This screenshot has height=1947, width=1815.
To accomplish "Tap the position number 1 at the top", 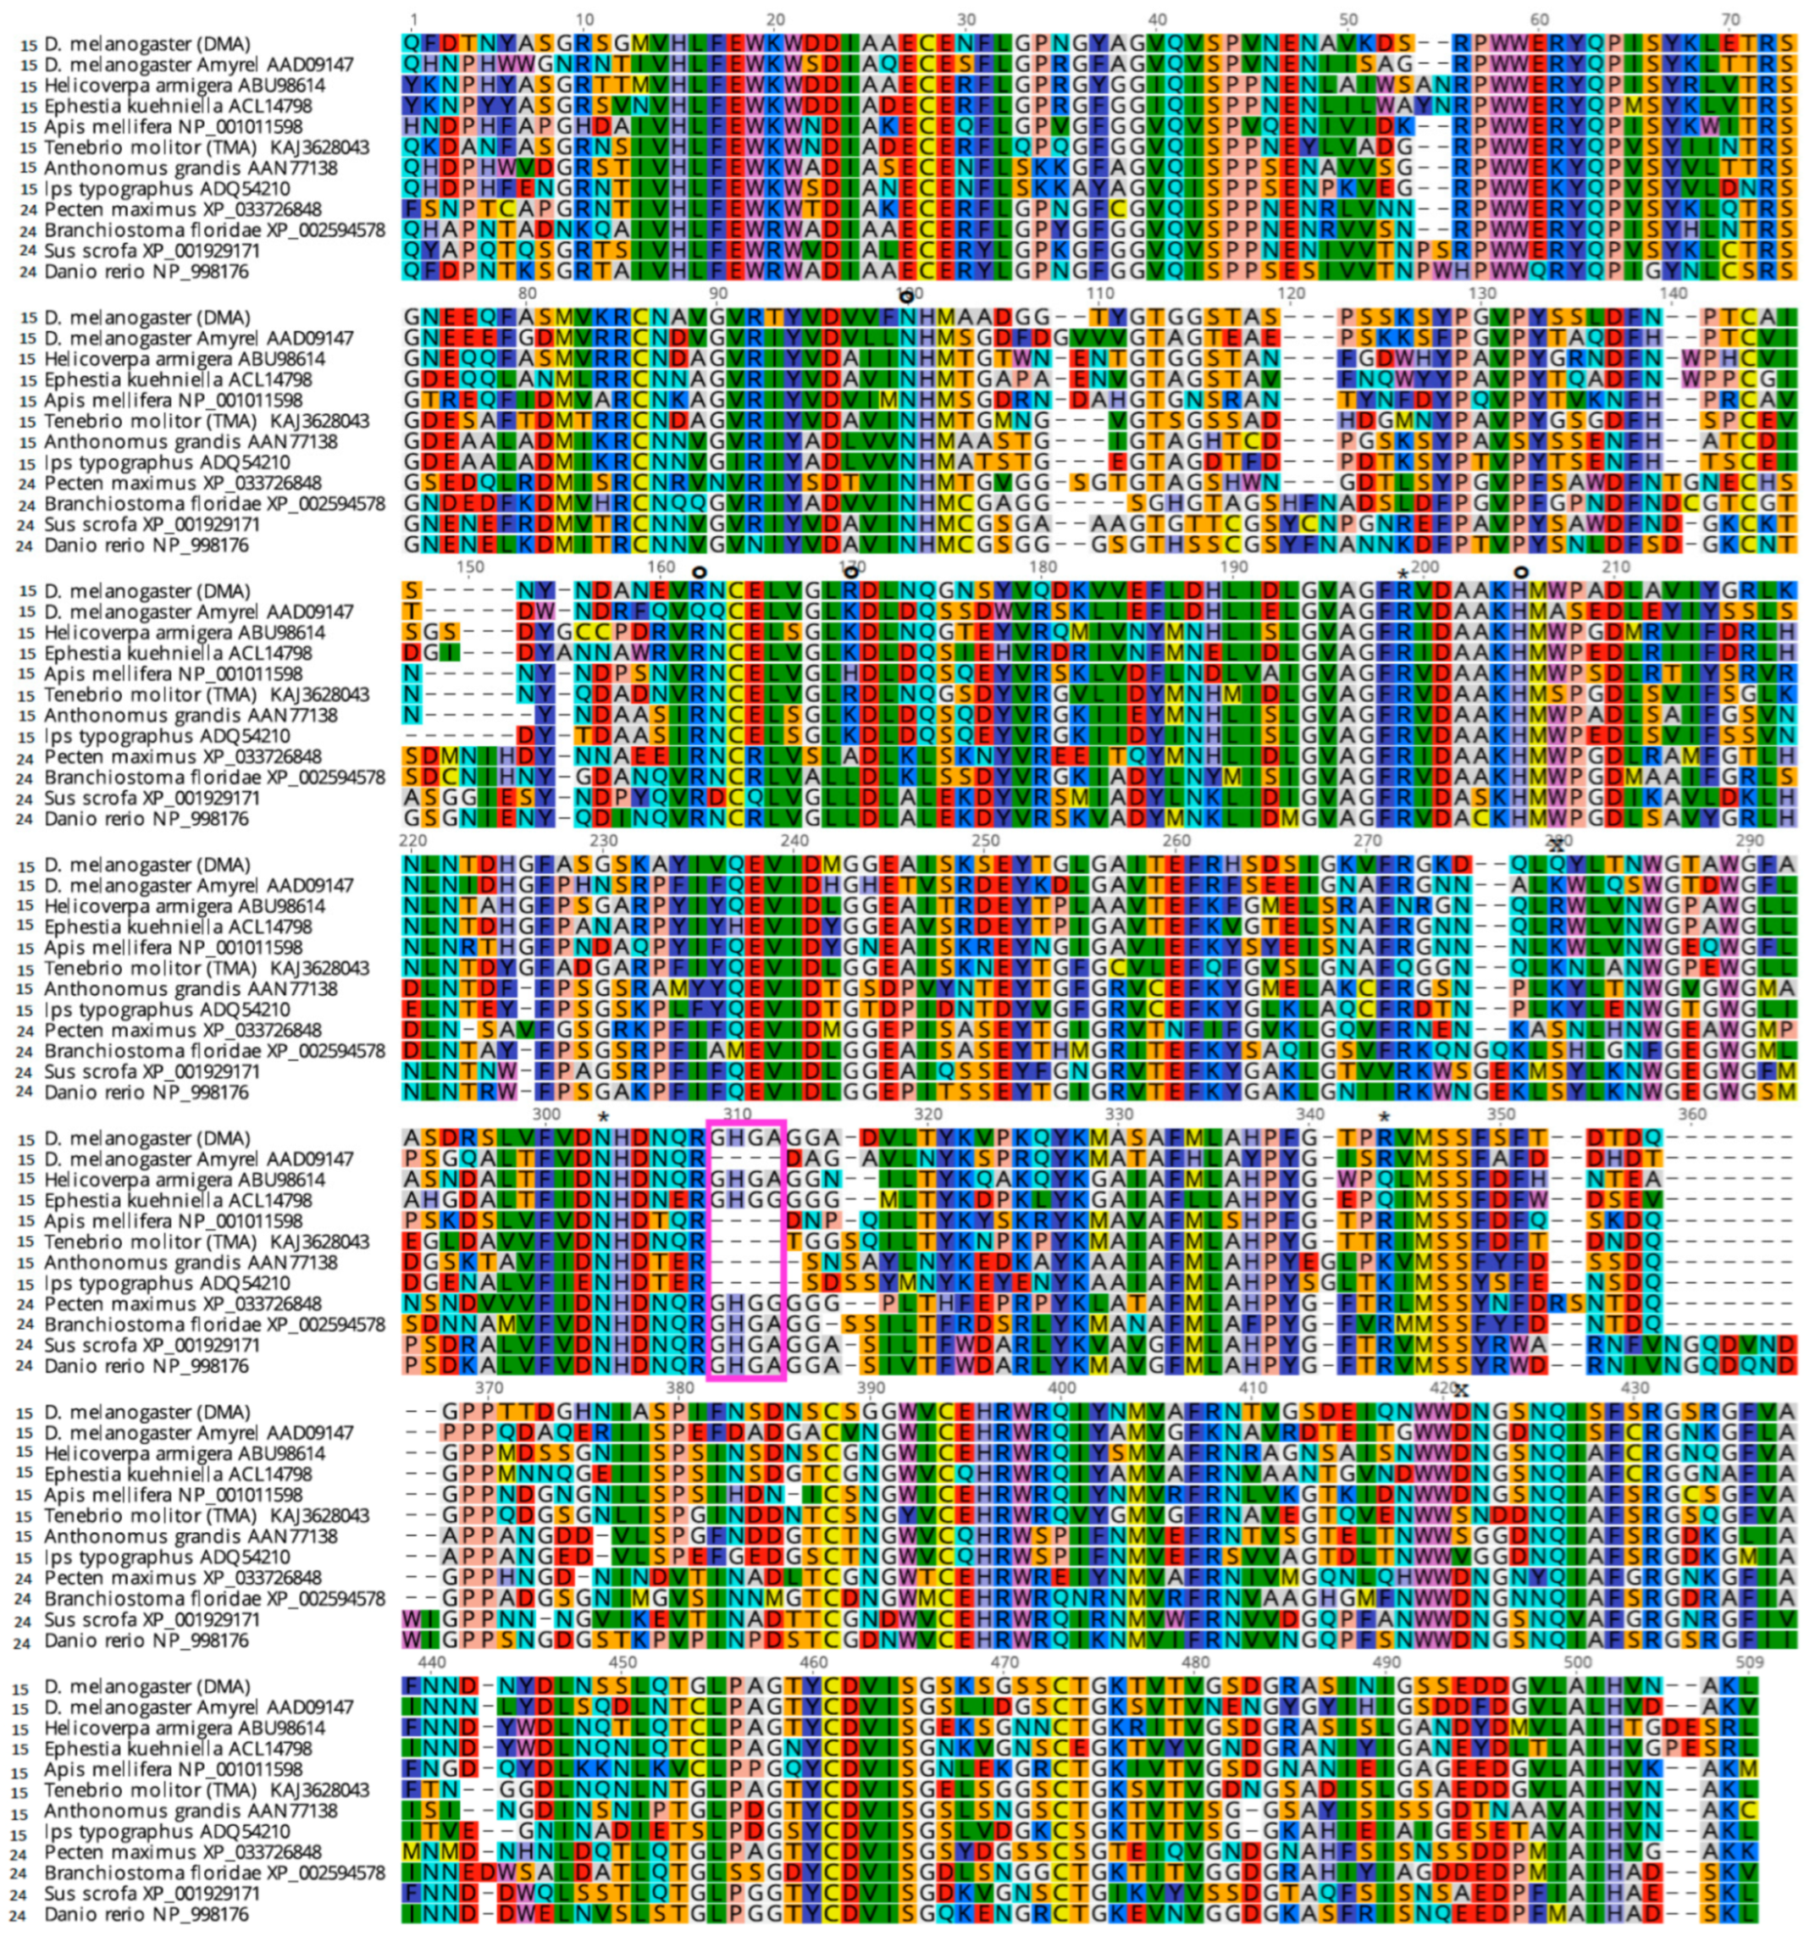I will tap(413, 19).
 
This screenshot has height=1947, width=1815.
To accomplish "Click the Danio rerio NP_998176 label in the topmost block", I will tap(146, 271).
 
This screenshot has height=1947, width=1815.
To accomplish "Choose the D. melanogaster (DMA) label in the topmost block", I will tap(147, 44).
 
